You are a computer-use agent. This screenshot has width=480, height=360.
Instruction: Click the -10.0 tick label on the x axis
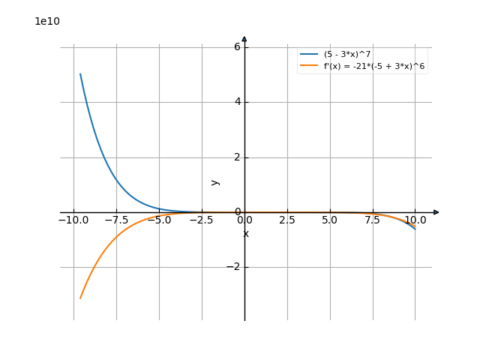point(73,220)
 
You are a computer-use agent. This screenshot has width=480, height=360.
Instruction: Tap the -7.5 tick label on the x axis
point(115,220)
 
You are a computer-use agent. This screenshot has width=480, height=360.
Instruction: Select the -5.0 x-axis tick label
point(158,220)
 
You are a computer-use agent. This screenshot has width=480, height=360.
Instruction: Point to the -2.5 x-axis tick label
point(201,220)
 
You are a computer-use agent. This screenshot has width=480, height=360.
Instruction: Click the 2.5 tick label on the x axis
point(286,220)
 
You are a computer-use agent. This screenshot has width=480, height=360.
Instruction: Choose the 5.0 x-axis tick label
point(329,220)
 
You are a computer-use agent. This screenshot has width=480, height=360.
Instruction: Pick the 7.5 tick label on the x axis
point(372,220)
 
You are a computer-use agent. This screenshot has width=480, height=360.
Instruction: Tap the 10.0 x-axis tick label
point(415,220)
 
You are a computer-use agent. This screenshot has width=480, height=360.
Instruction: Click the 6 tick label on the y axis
point(236,46)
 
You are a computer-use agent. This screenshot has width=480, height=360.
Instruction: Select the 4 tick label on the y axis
point(236,102)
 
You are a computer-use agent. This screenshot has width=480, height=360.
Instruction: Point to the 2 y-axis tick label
point(236,157)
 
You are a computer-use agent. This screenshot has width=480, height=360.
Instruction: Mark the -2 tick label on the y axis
point(233,267)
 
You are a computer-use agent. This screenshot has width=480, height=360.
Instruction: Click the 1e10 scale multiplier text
point(47,21)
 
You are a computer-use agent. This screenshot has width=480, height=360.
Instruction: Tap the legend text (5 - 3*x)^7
point(347,54)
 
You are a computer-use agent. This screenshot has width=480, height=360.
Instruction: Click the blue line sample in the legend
point(309,54)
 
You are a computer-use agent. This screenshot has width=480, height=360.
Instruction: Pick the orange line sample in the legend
point(309,67)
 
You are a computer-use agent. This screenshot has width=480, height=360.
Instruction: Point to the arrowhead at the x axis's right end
point(436,212)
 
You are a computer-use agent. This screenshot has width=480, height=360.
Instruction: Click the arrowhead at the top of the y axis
point(244,39)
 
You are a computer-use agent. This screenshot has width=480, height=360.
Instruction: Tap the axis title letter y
point(215,181)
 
